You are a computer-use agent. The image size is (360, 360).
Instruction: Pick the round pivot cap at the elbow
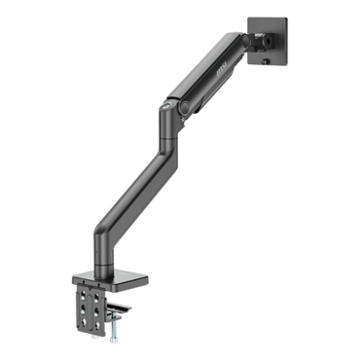click(177, 105)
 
